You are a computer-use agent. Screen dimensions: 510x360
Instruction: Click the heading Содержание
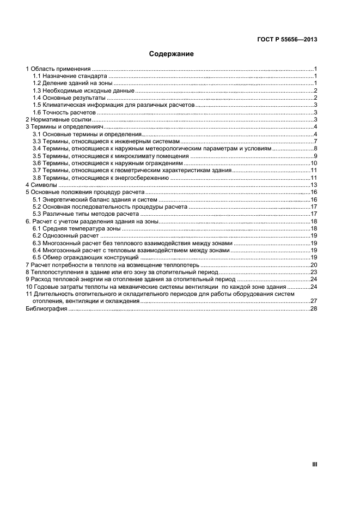point(172,54)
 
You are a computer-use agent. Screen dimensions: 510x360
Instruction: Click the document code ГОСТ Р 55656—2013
point(287,39)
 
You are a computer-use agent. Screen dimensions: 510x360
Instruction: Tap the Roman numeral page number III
point(314,464)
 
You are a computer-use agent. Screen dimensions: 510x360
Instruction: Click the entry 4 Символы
point(41,185)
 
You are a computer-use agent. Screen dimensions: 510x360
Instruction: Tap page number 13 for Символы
point(314,185)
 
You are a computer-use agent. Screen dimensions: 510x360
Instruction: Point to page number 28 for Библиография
point(314,308)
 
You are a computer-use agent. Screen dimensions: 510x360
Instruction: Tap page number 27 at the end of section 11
point(314,301)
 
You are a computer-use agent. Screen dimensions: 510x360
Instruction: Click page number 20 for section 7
point(314,265)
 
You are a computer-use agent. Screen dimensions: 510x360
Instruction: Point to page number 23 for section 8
point(314,272)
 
